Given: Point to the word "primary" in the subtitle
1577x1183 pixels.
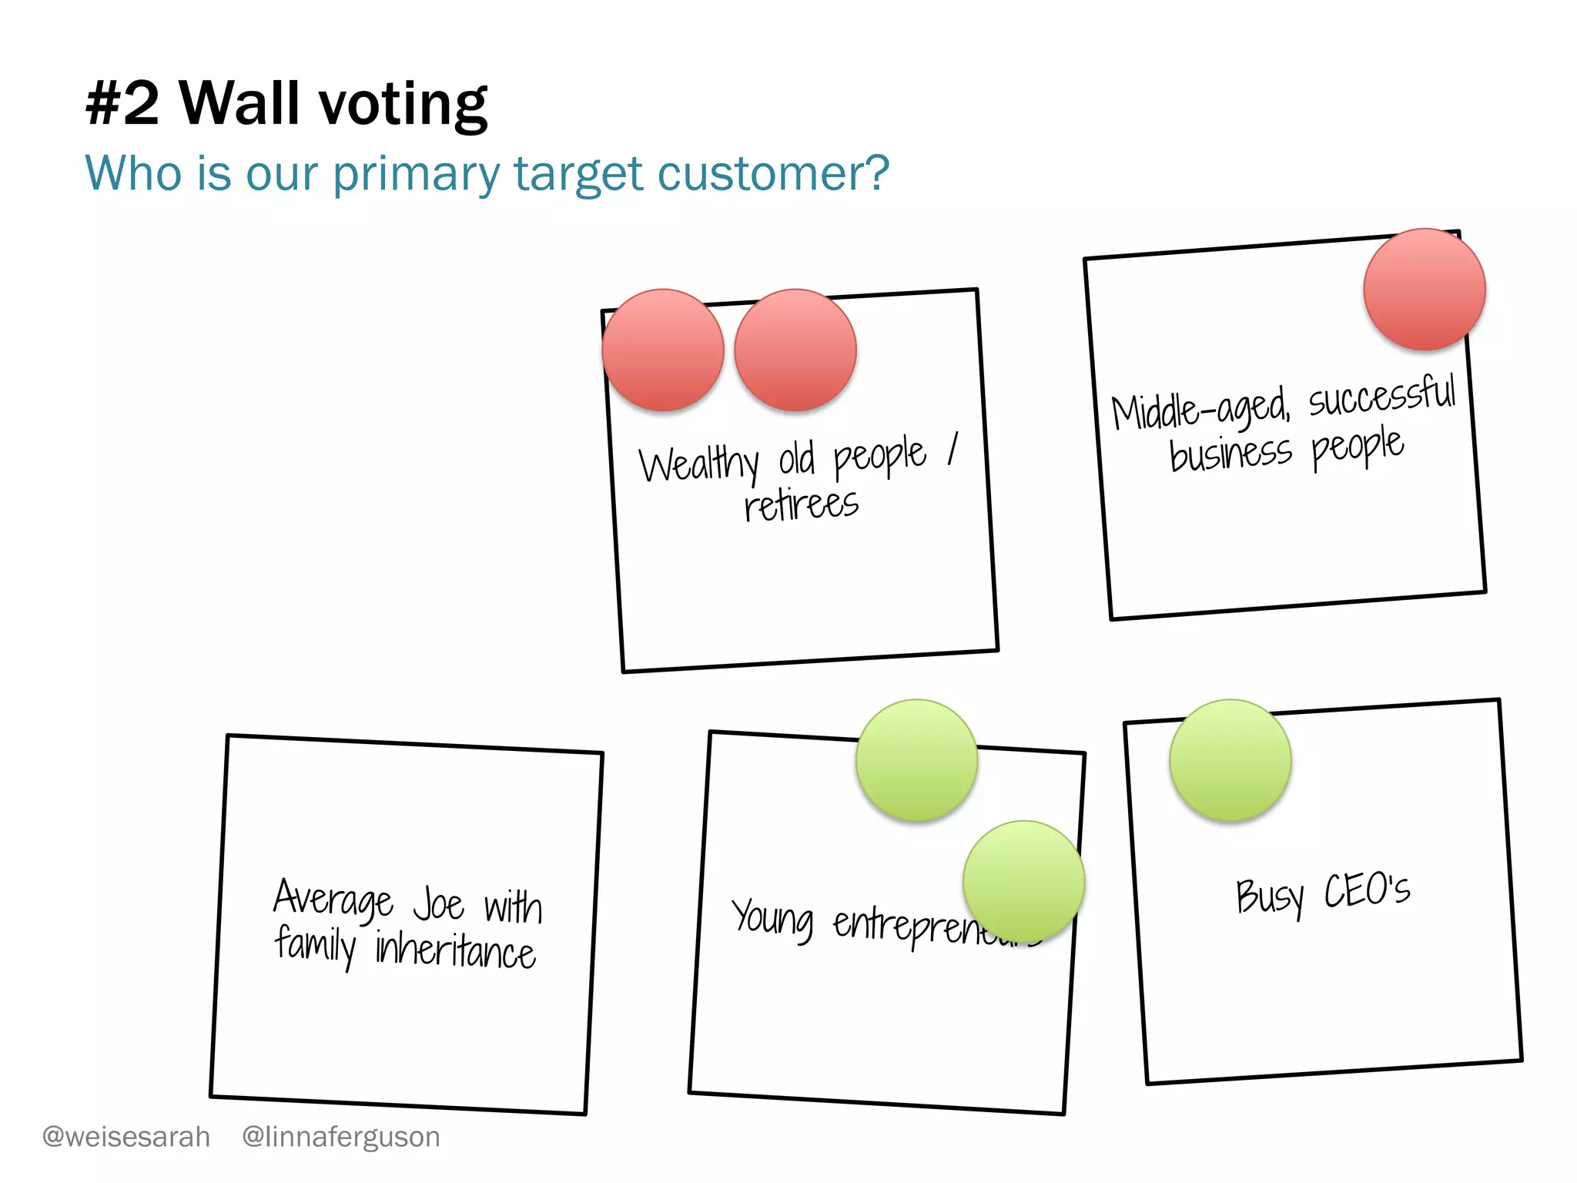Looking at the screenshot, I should click(417, 175).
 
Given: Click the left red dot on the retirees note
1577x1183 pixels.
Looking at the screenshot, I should click(663, 350).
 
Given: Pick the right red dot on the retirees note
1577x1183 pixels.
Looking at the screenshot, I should click(795, 350).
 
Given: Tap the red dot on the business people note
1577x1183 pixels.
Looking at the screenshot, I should click(1425, 290).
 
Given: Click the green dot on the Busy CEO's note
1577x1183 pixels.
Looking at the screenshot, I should click(1230, 760).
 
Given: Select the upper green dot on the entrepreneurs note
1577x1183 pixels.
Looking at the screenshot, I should click(917, 760).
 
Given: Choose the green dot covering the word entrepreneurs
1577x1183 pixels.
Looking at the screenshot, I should click(1024, 881).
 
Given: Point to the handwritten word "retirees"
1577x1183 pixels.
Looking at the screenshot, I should click(801, 506).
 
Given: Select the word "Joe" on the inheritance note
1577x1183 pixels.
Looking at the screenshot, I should click(439, 904).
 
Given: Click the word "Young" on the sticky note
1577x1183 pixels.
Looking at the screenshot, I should click(772, 918).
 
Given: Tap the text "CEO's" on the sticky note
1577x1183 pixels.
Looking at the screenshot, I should click(1367, 891).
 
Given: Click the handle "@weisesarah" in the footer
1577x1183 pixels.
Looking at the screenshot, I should click(126, 1137).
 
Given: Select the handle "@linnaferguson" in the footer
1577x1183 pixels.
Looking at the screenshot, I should click(341, 1137).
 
